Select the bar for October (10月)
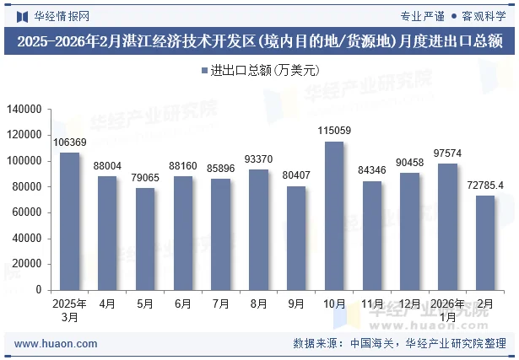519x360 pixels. pyautogui.click(x=334, y=215)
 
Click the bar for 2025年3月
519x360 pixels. pyautogui.click(x=69, y=221)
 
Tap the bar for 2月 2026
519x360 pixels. pyautogui.click(x=485, y=243)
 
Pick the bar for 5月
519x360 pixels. pyautogui.click(x=145, y=239)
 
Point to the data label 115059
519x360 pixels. pyautogui.click(x=334, y=131)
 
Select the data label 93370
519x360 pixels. pyautogui.click(x=258, y=159)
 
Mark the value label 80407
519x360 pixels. pyautogui.click(x=296, y=175)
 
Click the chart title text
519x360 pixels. pyautogui.click(x=259, y=41)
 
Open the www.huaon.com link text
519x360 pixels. pyautogui.click(x=57, y=344)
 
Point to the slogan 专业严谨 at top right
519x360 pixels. pyautogui.click(x=422, y=15)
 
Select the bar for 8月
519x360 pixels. pyautogui.click(x=258, y=229)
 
